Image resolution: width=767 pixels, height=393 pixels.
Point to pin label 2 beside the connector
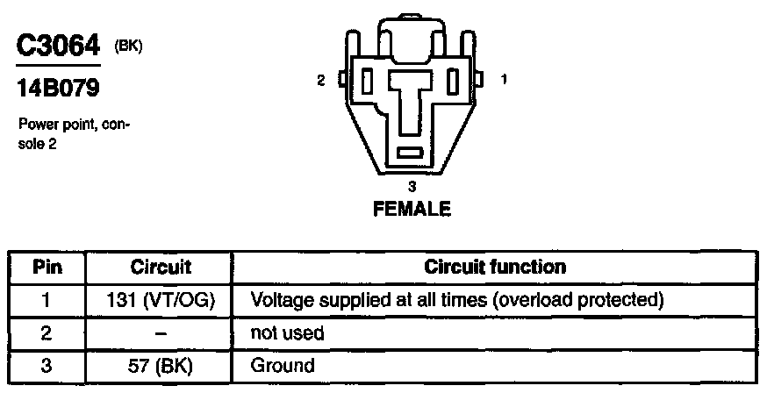[x=321, y=80]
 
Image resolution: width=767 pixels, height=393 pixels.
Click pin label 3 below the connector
[x=412, y=186]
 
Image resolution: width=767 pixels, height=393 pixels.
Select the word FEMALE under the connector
[x=412, y=209]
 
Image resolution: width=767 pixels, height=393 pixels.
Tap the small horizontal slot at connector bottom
[x=411, y=154]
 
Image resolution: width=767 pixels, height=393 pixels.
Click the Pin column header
[x=47, y=267]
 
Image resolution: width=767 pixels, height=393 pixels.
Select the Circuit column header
[x=161, y=267]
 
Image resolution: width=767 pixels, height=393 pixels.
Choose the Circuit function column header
[x=495, y=267]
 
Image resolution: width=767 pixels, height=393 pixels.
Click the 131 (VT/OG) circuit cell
[x=161, y=300]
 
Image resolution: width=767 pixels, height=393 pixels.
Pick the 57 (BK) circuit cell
[x=161, y=365]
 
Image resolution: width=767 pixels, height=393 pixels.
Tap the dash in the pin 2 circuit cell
[x=161, y=333]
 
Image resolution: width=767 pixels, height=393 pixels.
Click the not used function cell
[x=288, y=333]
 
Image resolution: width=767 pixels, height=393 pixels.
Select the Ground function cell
[x=283, y=365]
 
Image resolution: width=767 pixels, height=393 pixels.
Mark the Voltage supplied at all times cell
[x=455, y=300]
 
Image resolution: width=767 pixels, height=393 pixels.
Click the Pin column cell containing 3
[x=47, y=365]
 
